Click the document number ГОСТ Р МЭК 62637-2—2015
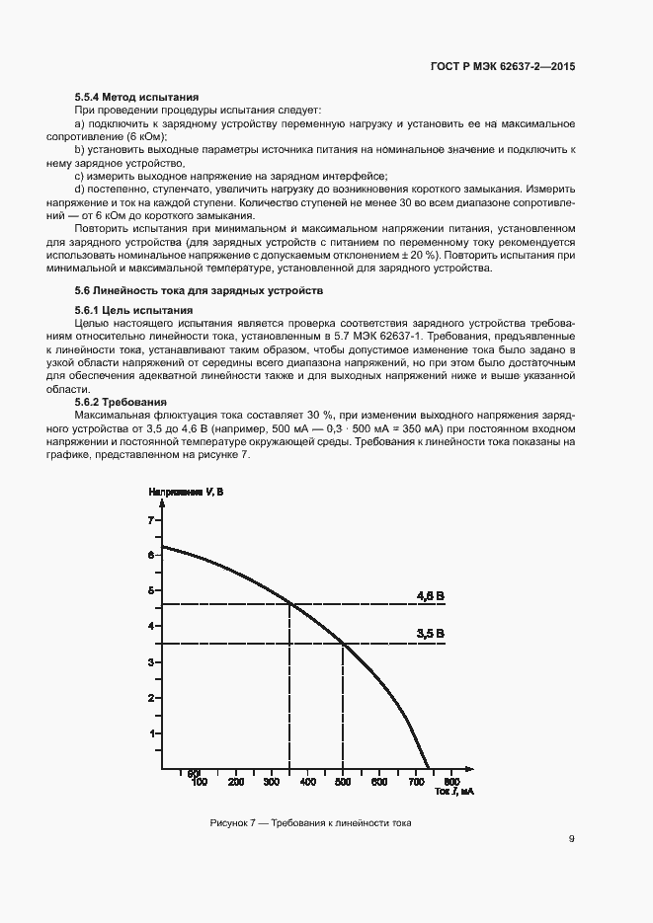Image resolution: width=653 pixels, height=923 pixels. [503, 66]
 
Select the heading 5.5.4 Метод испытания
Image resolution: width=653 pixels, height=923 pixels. [137, 98]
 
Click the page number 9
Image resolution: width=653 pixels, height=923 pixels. [572, 840]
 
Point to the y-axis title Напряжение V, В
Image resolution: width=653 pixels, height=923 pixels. [186, 492]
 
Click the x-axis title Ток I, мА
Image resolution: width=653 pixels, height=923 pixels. [454, 792]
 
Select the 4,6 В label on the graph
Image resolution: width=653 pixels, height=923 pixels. [431, 595]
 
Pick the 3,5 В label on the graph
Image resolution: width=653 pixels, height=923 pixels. [431, 634]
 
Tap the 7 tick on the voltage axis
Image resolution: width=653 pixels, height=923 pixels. [151, 519]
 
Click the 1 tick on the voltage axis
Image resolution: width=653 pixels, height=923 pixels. [151, 734]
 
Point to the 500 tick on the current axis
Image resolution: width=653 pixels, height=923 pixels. [343, 782]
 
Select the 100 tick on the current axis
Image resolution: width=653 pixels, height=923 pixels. [199, 782]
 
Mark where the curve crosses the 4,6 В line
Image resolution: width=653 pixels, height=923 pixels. [288, 604]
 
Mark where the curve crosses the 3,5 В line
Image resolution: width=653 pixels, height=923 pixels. [343, 644]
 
